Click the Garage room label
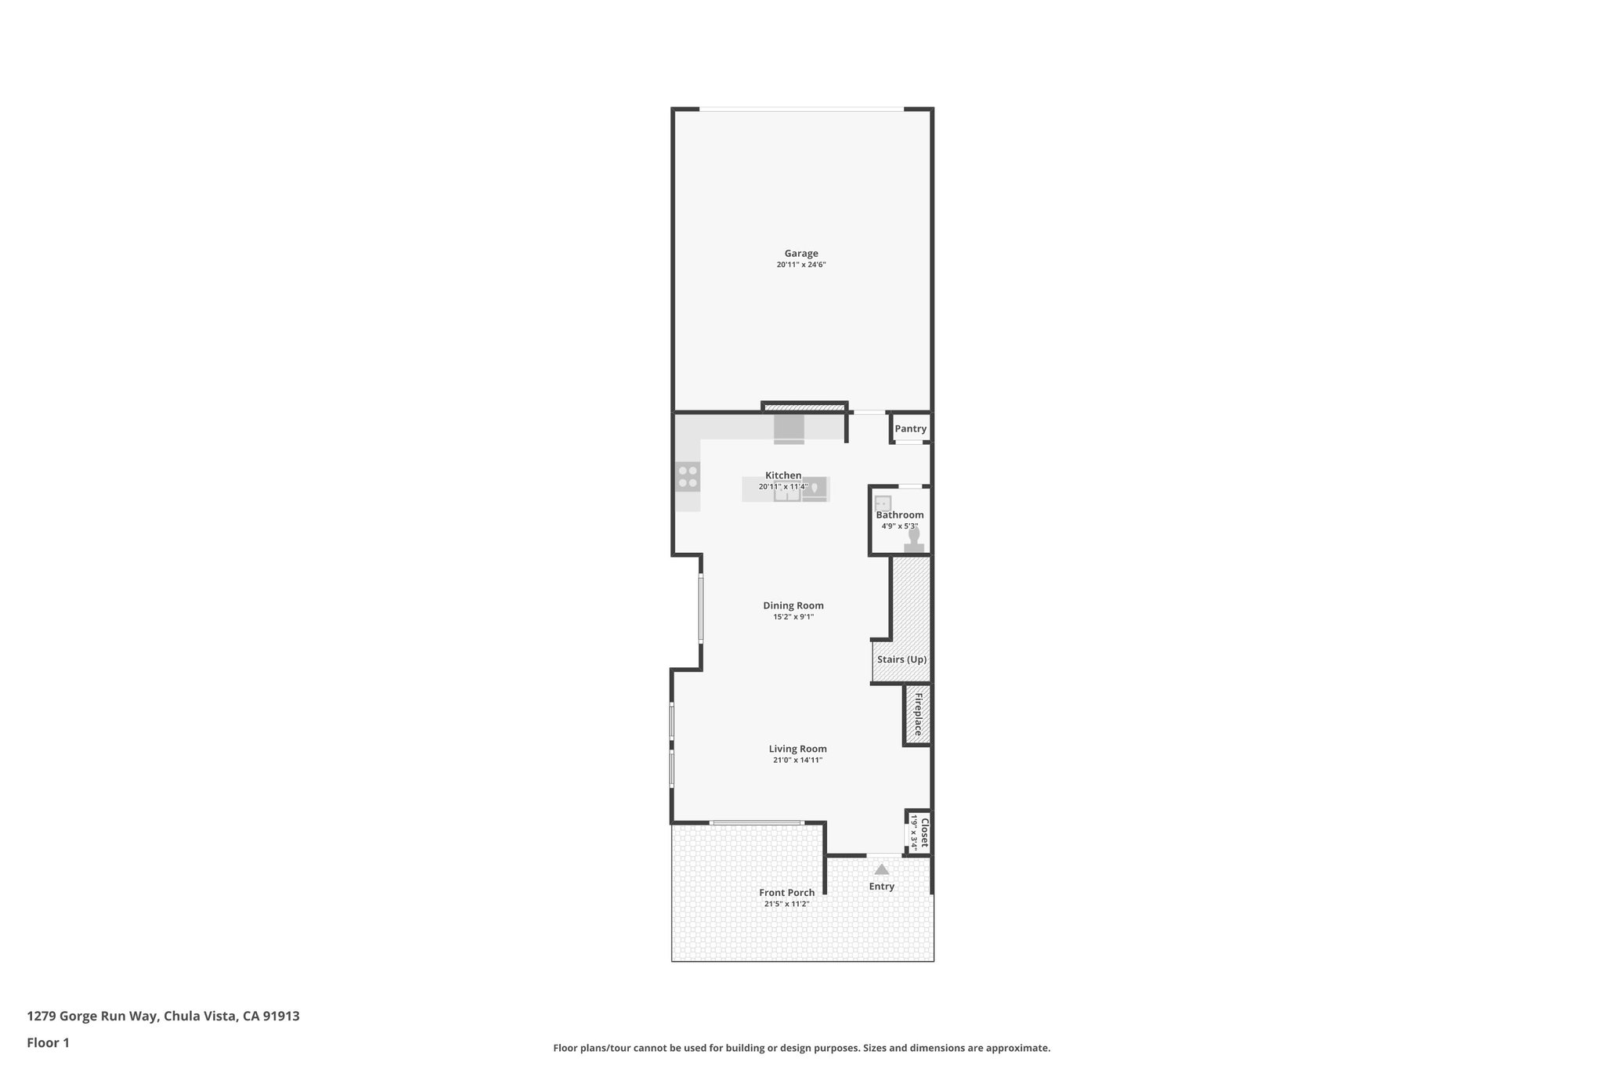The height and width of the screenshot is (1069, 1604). (x=801, y=254)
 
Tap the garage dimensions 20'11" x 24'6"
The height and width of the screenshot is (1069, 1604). (x=801, y=265)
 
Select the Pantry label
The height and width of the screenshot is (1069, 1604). (x=910, y=429)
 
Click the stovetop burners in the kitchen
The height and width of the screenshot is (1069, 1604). (x=688, y=477)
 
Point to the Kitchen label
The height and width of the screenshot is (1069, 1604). (x=783, y=475)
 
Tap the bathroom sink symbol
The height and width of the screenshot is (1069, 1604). (x=883, y=503)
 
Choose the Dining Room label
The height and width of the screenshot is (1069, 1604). (x=793, y=605)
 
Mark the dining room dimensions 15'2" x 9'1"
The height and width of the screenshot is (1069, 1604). (x=793, y=617)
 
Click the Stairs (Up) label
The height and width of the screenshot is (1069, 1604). (x=901, y=659)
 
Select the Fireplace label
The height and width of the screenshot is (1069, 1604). (x=919, y=713)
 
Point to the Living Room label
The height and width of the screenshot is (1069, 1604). (x=797, y=749)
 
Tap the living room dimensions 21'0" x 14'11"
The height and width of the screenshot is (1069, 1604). (x=797, y=760)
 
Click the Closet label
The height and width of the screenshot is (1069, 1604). (x=924, y=833)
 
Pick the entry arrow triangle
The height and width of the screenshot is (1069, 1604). (x=882, y=869)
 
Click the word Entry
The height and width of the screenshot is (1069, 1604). (x=881, y=887)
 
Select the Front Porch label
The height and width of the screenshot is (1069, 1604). (x=786, y=893)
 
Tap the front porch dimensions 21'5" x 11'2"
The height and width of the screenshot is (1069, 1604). (x=786, y=905)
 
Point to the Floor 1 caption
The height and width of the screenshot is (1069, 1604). (x=48, y=1043)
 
